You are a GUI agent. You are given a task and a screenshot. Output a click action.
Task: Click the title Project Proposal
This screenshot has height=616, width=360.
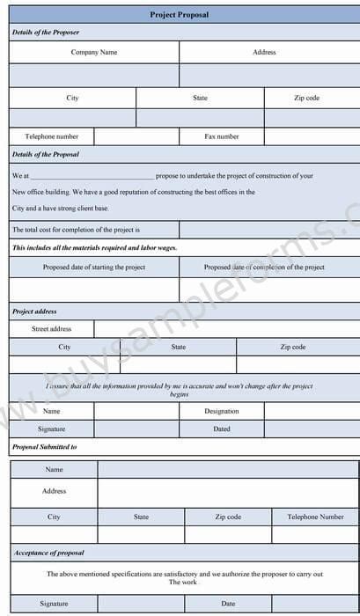[x=180, y=15]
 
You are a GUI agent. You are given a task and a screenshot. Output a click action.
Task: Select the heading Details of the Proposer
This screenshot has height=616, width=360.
[x=46, y=33]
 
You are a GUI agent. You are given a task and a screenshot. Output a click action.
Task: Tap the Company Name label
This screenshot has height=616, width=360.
[x=94, y=53]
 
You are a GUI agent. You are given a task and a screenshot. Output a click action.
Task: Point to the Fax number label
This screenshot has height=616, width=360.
[x=222, y=137]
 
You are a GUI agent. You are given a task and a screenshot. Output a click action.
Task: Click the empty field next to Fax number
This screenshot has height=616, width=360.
[x=312, y=137]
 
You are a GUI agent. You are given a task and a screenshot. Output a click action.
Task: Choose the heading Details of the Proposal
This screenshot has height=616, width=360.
[x=46, y=155]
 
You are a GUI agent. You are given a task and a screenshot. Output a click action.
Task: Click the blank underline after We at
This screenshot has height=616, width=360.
[x=92, y=177]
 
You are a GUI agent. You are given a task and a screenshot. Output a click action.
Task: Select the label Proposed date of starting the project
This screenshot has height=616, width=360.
[x=94, y=268]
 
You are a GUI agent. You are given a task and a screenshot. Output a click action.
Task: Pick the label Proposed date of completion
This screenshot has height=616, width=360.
[x=264, y=268]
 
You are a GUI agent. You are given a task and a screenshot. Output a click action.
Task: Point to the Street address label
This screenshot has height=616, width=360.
[x=52, y=329]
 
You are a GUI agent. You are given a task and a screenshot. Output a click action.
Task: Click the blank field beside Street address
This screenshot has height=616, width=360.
[x=227, y=329]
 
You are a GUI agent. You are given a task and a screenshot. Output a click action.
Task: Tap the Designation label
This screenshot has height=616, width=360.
[x=222, y=411]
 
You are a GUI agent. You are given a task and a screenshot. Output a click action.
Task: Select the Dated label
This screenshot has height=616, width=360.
[x=222, y=429]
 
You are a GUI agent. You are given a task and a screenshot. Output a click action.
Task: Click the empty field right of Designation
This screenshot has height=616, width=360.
[x=312, y=411]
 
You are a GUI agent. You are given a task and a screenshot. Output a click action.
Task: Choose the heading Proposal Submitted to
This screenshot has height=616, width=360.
[x=45, y=448]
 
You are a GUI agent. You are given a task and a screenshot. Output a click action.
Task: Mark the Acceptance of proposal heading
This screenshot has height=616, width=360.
[x=48, y=553]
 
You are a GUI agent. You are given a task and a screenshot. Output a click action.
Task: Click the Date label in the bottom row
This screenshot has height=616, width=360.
[x=228, y=604]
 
